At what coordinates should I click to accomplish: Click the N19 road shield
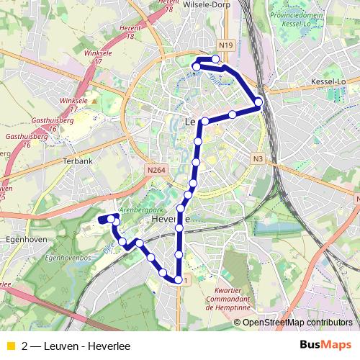[x=227, y=45]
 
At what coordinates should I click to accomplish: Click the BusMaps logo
[x=325, y=346]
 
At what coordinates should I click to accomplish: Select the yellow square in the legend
[x=10, y=346]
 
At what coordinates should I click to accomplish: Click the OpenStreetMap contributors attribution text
[x=297, y=322]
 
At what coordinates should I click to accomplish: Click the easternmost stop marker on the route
[x=258, y=102]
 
